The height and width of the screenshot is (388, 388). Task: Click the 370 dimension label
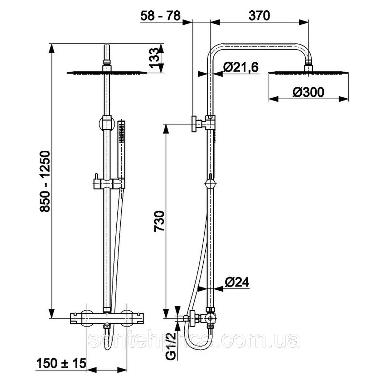point(259,16)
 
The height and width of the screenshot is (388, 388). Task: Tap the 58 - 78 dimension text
point(160,16)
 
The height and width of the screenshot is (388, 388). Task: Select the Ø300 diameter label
point(308,92)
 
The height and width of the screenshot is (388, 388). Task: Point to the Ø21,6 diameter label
point(241,67)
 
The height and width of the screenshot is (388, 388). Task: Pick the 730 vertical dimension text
point(159,221)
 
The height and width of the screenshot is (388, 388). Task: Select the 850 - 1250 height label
point(45,181)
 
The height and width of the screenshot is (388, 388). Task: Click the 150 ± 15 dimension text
point(61,358)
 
